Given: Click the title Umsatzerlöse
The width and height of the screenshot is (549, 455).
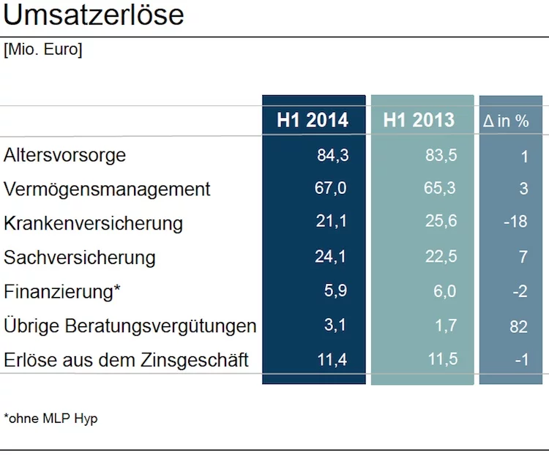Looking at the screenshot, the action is (x=94, y=15).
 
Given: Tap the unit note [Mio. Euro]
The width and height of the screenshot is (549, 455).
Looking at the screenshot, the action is (x=42, y=49).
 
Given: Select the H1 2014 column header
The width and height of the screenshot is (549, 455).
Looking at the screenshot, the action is (x=313, y=120).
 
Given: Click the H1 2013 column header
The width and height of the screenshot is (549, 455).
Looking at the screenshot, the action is (x=419, y=120).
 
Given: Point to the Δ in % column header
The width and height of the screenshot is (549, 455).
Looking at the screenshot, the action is (x=506, y=121).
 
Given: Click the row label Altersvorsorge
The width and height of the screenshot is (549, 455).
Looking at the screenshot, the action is (x=64, y=155).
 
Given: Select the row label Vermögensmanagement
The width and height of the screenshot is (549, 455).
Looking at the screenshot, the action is (x=107, y=189).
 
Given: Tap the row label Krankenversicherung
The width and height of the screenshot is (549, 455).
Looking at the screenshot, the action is (x=93, y=223).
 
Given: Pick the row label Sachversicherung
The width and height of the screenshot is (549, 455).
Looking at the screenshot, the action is (x=80, y=257).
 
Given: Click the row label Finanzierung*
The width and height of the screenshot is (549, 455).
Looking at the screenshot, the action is (x=62, y=292).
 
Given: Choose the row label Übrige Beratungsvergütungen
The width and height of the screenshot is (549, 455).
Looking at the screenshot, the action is (x=130, y=326).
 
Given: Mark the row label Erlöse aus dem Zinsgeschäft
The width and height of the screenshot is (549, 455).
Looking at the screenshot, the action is (x=126, y=360).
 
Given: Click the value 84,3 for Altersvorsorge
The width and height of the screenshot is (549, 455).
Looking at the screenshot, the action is (x=333, y=155).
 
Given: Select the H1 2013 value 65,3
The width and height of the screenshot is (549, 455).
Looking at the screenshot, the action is (x=440, y=188).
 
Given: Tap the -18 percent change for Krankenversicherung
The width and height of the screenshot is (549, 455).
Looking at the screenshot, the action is (x=516, y=222).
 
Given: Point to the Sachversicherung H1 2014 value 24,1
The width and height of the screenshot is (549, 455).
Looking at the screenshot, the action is (x=331, y=257).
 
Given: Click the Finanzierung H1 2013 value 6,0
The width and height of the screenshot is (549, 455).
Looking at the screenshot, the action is (x=444, y=291).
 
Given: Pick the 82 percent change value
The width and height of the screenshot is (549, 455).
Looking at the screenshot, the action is (x=518, y=327).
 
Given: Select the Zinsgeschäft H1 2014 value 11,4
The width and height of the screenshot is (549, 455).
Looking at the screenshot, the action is (x=332, y=360).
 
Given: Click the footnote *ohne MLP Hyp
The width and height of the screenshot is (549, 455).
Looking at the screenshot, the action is (x=51, y=418).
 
